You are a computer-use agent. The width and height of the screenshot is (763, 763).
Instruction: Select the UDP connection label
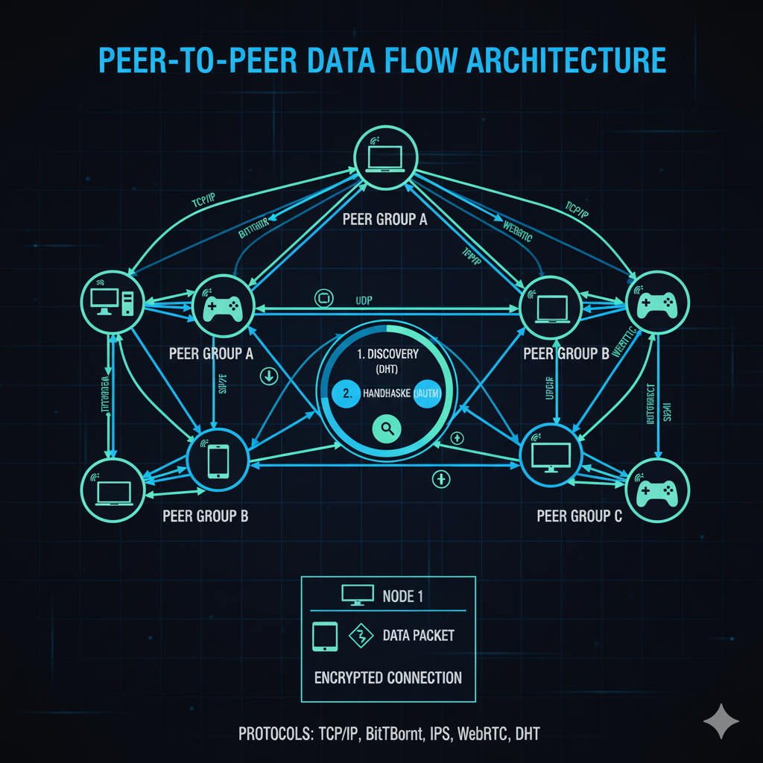[364, 300]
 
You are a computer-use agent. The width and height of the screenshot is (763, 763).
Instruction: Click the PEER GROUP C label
[579, 515]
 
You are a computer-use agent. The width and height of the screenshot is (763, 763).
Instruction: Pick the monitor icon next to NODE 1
[357, 595]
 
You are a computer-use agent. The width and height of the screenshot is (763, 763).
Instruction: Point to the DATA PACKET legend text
[418, 636]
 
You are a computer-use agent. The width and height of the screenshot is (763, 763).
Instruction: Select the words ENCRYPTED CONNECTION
[387, 677]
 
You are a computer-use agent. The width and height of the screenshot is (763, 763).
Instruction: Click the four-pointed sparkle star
[721, 722]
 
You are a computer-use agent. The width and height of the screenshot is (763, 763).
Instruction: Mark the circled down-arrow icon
[269, 376]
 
